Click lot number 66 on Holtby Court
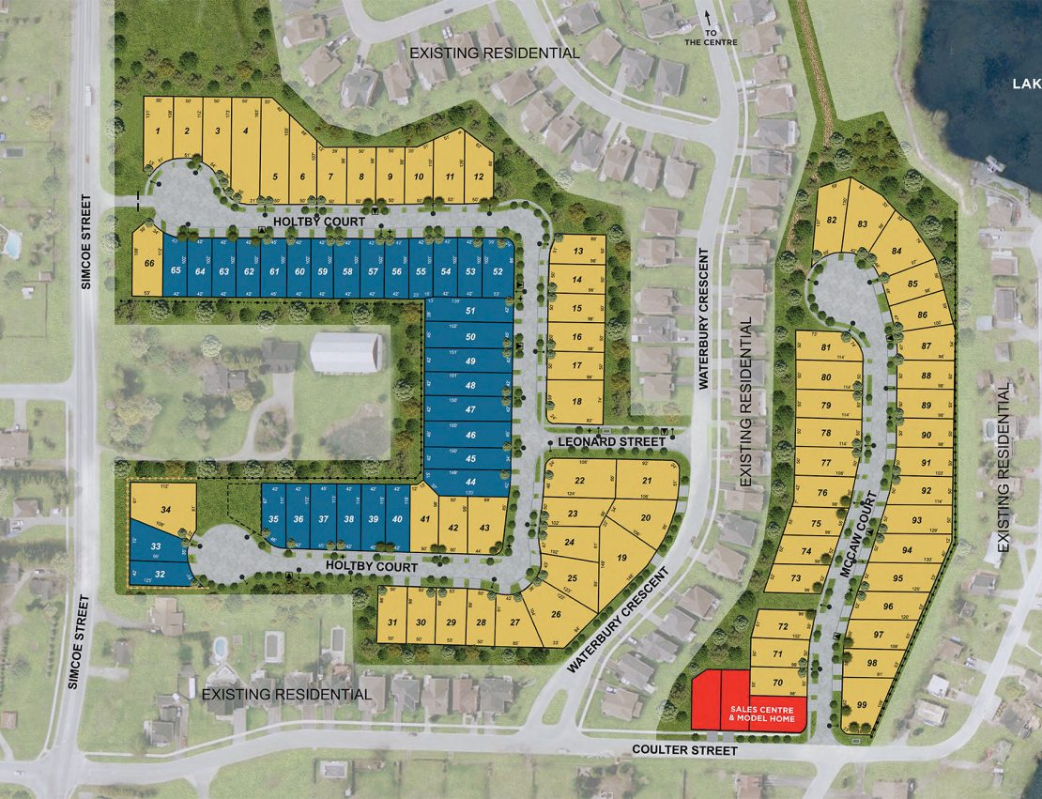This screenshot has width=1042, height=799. pos(148,264)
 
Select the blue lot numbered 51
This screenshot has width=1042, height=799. pos(470,311)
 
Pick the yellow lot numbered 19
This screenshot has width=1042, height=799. pos(621,558)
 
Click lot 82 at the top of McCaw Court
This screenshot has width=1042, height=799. pos(832,221)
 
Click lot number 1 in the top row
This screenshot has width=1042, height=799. pos(159,131)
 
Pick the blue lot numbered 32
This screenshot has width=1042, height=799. pos(160,574)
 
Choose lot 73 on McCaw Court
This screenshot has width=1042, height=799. pos(795,578)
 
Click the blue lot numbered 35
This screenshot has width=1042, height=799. pos(273,519)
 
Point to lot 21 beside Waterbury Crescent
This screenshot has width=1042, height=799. pos(647,481)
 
